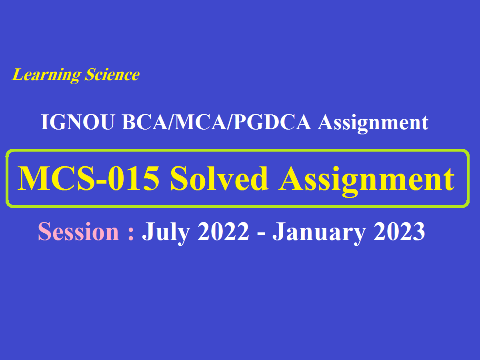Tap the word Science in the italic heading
pyautogui.click(x=112, y=75)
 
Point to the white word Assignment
pyautogui.click(x=373, y=123)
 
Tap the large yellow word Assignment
pyautogui.click(x=367, y=178)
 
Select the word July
pyautogui.click(x=165, y=232)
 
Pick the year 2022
pyautogui.click(x=223, y=232)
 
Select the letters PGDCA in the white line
pyautogui.click(x=272, y=123)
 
